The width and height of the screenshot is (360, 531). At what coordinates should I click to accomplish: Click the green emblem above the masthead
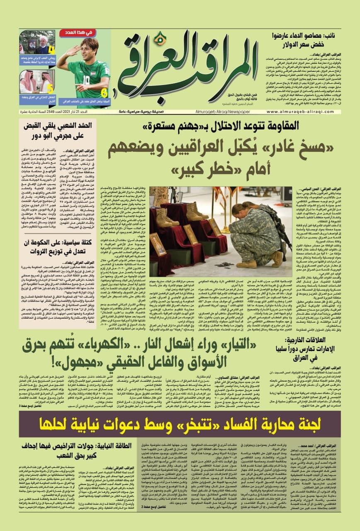click(x=160, y=39)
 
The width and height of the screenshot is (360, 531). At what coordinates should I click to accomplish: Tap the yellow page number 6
click(x=104, y=90)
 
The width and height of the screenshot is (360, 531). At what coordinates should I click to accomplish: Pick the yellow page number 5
click(x=50, y=88)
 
